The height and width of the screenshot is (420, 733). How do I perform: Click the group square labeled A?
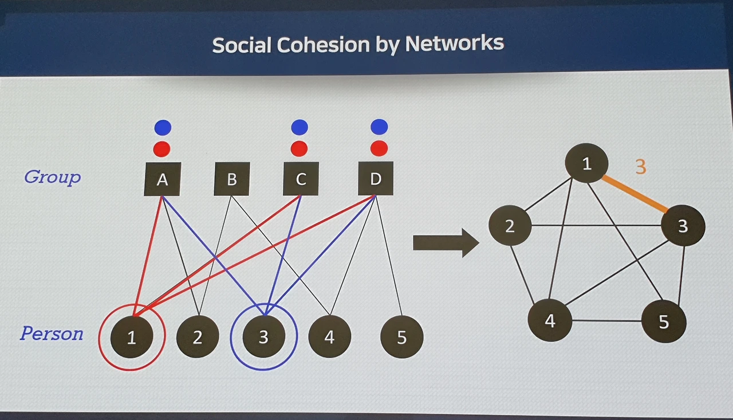pyautogui.click(x=162, y=179)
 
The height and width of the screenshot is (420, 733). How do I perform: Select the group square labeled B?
pyautogui.click(x=231, y=179)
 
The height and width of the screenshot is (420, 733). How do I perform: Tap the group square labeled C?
pyautogui.click(x=301, y=179)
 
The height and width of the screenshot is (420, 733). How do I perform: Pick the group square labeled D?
pyautogui.click(x=376, y=178)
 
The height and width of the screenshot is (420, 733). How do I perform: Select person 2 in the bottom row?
pyautogui.click(x=198, y=336)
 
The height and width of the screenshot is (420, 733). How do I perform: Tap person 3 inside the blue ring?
pyautogui.click(x=263, y=336)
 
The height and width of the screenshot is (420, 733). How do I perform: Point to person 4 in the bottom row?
pyautogui.click(x=329, y=336)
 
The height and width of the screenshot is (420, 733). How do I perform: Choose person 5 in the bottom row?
pyautogui.click(x=401, y=337)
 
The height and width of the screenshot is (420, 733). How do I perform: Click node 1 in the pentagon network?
pyautogui.click(x=586, y=164)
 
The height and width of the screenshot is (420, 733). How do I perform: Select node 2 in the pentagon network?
pyautogui.click(x=510, y=225)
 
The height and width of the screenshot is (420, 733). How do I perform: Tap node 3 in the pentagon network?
pyautogui.click(x=683, y=226)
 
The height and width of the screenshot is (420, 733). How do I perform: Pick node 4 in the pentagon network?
pyautogui.click(x=550, y=320)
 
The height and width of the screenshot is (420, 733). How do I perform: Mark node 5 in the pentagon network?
pyautogui.click(x=663, y=321)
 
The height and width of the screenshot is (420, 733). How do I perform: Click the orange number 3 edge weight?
pyautogui.click(x=641, y=167)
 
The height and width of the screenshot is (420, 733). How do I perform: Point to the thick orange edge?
pyautogui.click(x=635, y=194)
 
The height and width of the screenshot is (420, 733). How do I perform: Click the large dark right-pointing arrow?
pyautogui.click(x=445, y=243)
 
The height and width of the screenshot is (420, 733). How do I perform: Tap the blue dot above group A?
pyautogui.click(x=163, y=127)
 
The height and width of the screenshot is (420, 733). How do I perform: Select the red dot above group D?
pyautogui.click(x=379, y=148)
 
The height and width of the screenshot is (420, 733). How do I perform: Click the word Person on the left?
pyautogui.click(x=52, y=333)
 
